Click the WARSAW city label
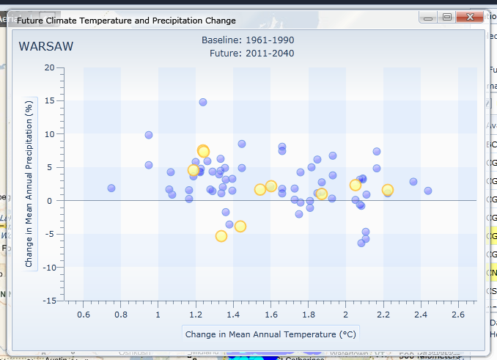46,47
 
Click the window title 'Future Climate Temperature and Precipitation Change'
127,21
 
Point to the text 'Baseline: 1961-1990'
248,40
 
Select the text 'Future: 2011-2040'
251,53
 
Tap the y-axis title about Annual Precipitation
30,185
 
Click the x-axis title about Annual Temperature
270,334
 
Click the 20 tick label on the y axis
50,67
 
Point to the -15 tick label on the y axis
48,301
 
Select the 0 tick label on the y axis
53,201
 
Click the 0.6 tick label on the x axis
84,315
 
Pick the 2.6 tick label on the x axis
458,315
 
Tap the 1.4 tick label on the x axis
233,315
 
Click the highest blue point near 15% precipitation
203,102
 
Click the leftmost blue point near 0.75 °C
111,188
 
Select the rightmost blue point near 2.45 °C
428,191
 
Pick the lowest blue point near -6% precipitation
361,243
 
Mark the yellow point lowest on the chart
221,236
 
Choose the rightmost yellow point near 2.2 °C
388,190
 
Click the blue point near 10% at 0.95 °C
149,135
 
